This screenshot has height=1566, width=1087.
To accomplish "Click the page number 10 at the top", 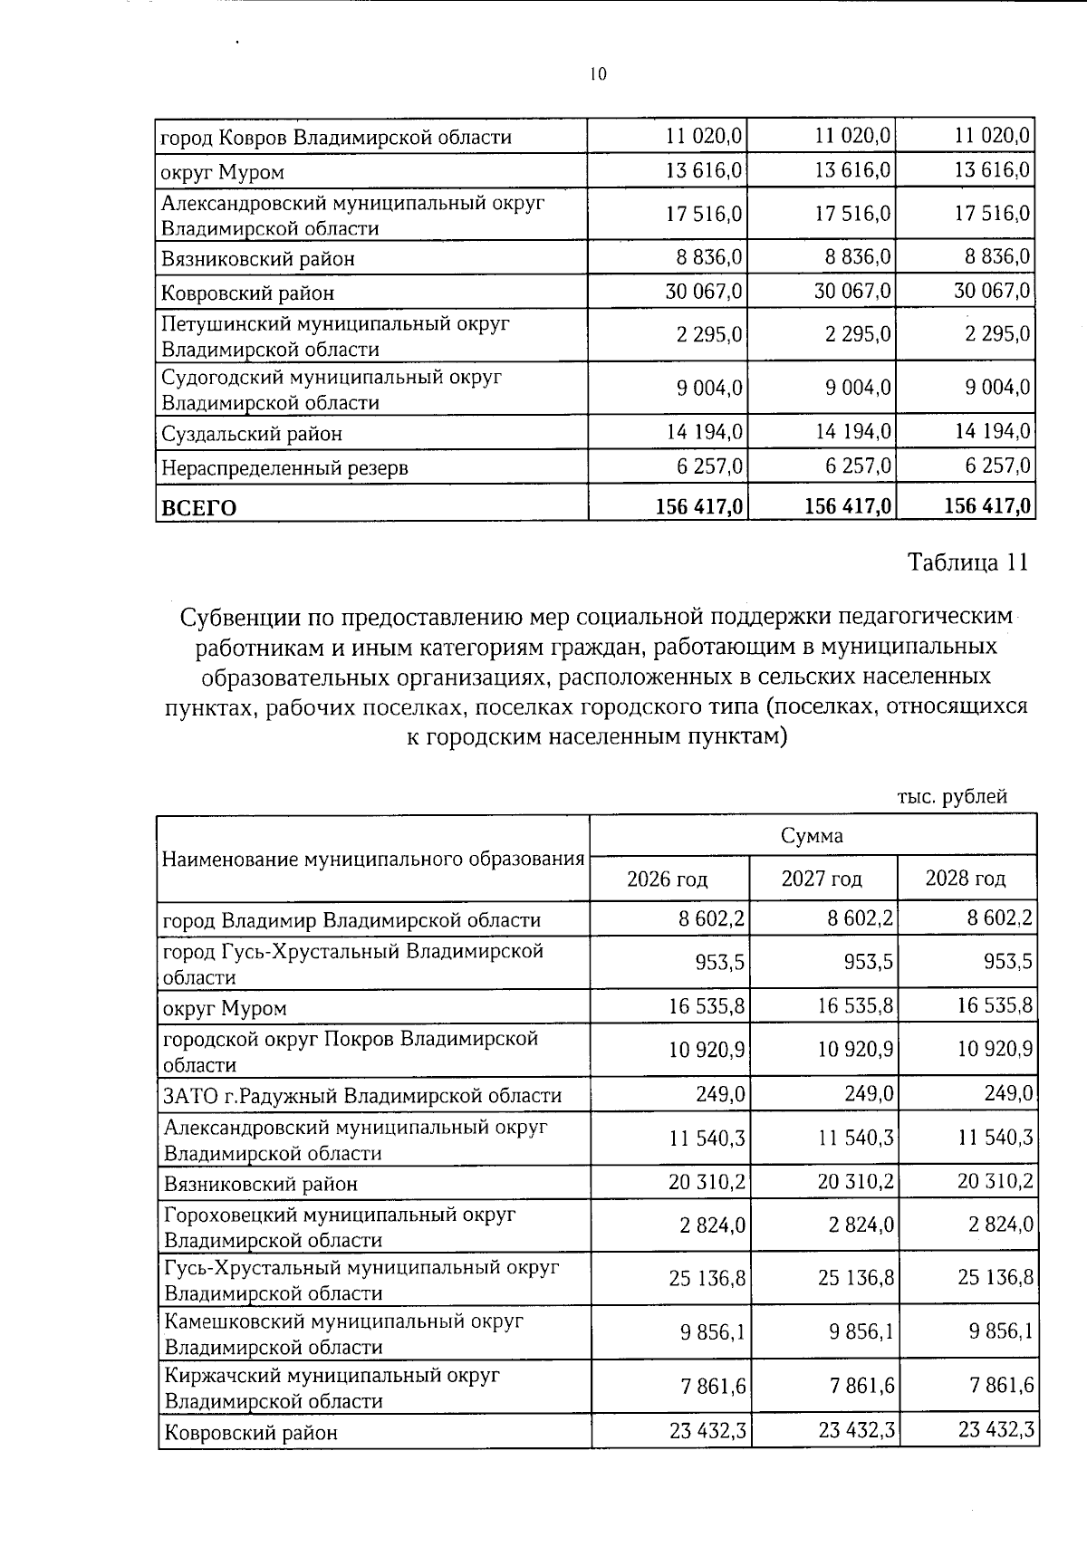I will [597, 75].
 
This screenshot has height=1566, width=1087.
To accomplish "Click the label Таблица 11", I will [968, 562].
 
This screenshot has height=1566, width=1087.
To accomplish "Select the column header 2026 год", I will [668, 879].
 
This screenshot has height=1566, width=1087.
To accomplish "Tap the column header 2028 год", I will [966, 879].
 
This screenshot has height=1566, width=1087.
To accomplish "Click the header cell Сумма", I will [813, 835].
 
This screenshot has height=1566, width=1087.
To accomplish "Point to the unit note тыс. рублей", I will [952, 797].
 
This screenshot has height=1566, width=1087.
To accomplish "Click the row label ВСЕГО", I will [198, 507].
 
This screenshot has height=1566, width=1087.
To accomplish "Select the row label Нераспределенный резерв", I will [284, 468].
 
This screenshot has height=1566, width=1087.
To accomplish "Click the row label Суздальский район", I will [252, 434].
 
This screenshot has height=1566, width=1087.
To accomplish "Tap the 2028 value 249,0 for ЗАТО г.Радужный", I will [1008, 1094].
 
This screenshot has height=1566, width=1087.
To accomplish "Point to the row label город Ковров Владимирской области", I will [336, 138].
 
